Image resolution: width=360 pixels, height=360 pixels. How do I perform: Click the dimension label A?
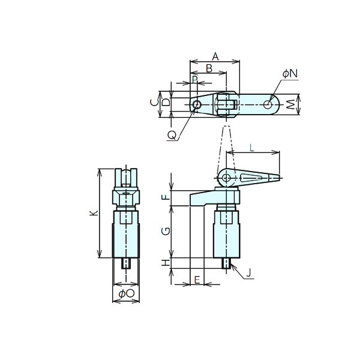[215, 56]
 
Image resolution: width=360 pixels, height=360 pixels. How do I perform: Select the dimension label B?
[209, 68]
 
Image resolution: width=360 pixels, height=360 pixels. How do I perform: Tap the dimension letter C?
[155, 103]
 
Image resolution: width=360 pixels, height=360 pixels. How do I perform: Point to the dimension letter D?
[166, 102]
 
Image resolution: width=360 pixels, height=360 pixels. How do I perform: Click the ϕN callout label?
[290, 73]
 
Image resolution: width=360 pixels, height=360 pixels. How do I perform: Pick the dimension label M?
[291, 104]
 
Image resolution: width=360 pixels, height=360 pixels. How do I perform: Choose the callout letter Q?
[172, 136]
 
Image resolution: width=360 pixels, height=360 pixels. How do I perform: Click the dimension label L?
[252, 149]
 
